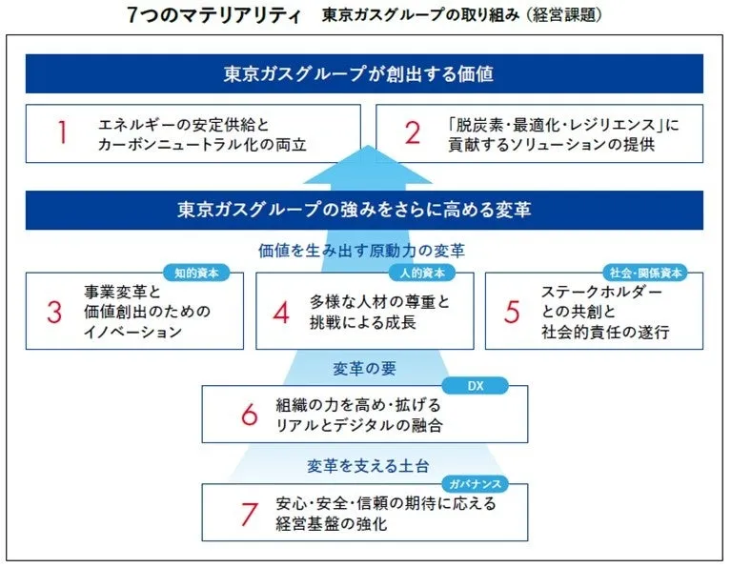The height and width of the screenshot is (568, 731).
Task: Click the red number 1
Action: (62, 132)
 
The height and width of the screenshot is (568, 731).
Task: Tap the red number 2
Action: (413, 132)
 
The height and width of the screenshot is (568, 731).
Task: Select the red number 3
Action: (54, 312)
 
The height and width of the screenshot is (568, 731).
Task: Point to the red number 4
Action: (281, 312)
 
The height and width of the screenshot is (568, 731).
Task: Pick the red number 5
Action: (512, 312)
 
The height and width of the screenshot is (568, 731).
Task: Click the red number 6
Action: (250, 415)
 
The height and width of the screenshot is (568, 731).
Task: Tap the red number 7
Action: (250, 514)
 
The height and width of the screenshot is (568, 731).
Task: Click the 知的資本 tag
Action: (196, 273)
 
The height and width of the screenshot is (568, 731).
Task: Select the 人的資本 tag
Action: (422, 273)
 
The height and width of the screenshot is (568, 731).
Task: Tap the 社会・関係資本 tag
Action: (645, 273)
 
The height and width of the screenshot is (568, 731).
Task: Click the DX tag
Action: (475, 386)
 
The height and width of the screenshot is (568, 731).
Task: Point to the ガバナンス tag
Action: (475, 484)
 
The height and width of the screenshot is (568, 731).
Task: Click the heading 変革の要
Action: (365, 369)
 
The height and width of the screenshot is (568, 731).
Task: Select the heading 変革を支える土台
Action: (368, 466)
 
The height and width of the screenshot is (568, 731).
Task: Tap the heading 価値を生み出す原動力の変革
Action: (362, 251)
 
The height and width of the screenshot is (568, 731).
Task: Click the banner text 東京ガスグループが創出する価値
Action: (358, 73)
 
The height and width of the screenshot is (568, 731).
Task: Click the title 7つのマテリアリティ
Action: (214, 15)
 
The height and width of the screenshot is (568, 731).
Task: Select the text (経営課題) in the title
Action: (564, 15)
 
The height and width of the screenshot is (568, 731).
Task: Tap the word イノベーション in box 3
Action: (132, 332)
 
